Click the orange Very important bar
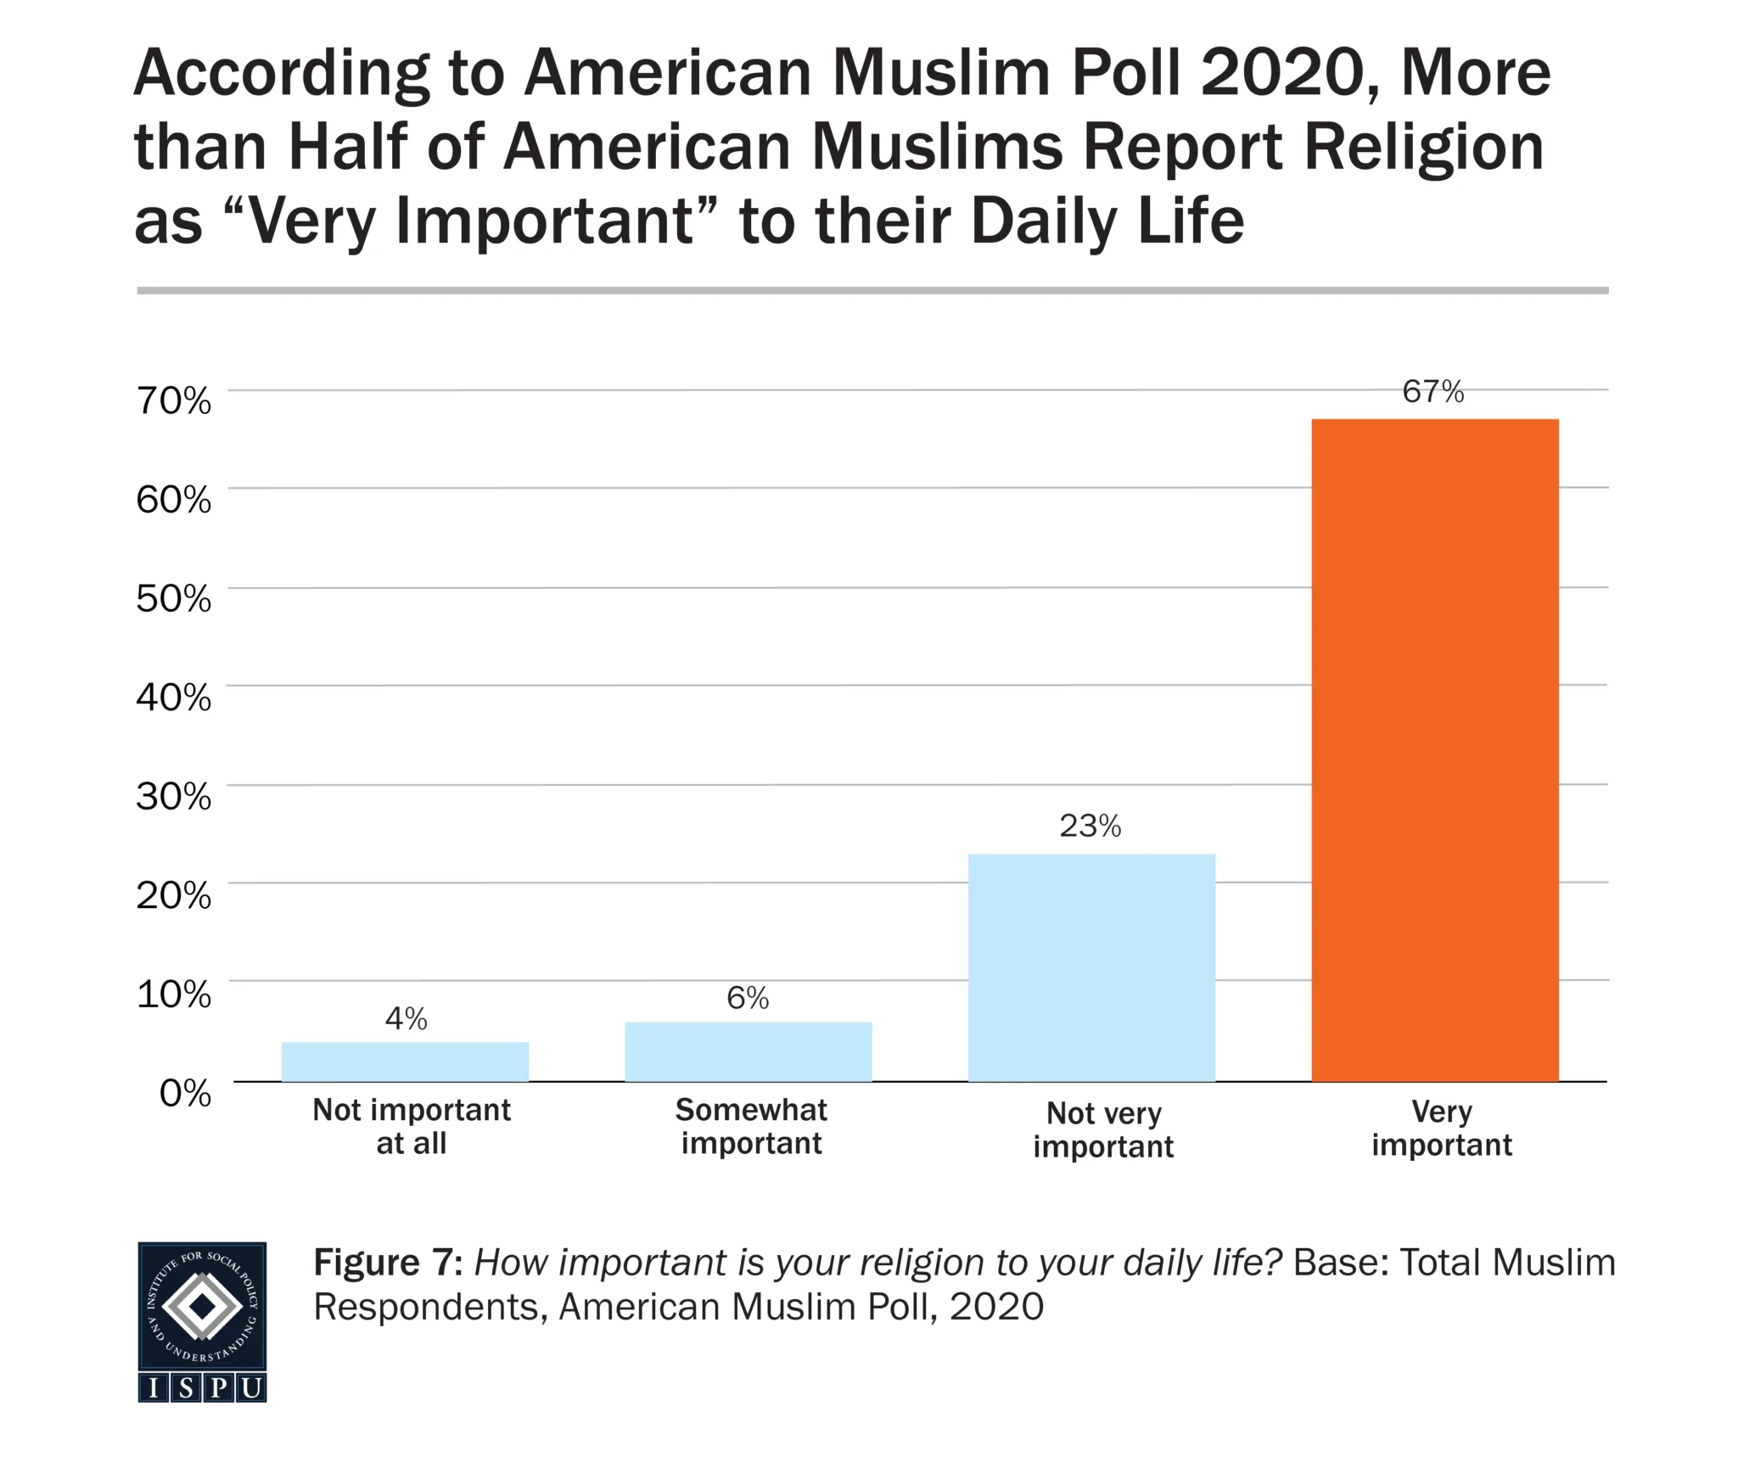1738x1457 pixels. tap(1434, 750)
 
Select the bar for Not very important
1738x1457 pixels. tap(1091, 967)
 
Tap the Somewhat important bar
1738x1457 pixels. tap(748, 1051)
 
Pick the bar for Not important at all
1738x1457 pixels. tap(405, 1062)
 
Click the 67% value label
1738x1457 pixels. tap(1432, 391)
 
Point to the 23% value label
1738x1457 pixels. tap(1090, 826)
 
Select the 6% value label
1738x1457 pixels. tap(748, 998)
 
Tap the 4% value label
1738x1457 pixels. tap(406, 1018)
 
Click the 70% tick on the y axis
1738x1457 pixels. tap(173, 401)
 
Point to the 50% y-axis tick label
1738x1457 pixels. tap(173, 598)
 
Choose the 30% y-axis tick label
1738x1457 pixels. tap(173, 796)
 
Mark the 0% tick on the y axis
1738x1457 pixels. tap(185, 1093)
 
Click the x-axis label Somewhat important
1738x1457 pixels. tap(751, 1126)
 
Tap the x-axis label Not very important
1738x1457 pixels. tap(1103, 1129)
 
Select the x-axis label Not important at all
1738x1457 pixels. tap(412, 1126)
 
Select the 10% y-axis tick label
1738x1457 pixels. tap(173, 994)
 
